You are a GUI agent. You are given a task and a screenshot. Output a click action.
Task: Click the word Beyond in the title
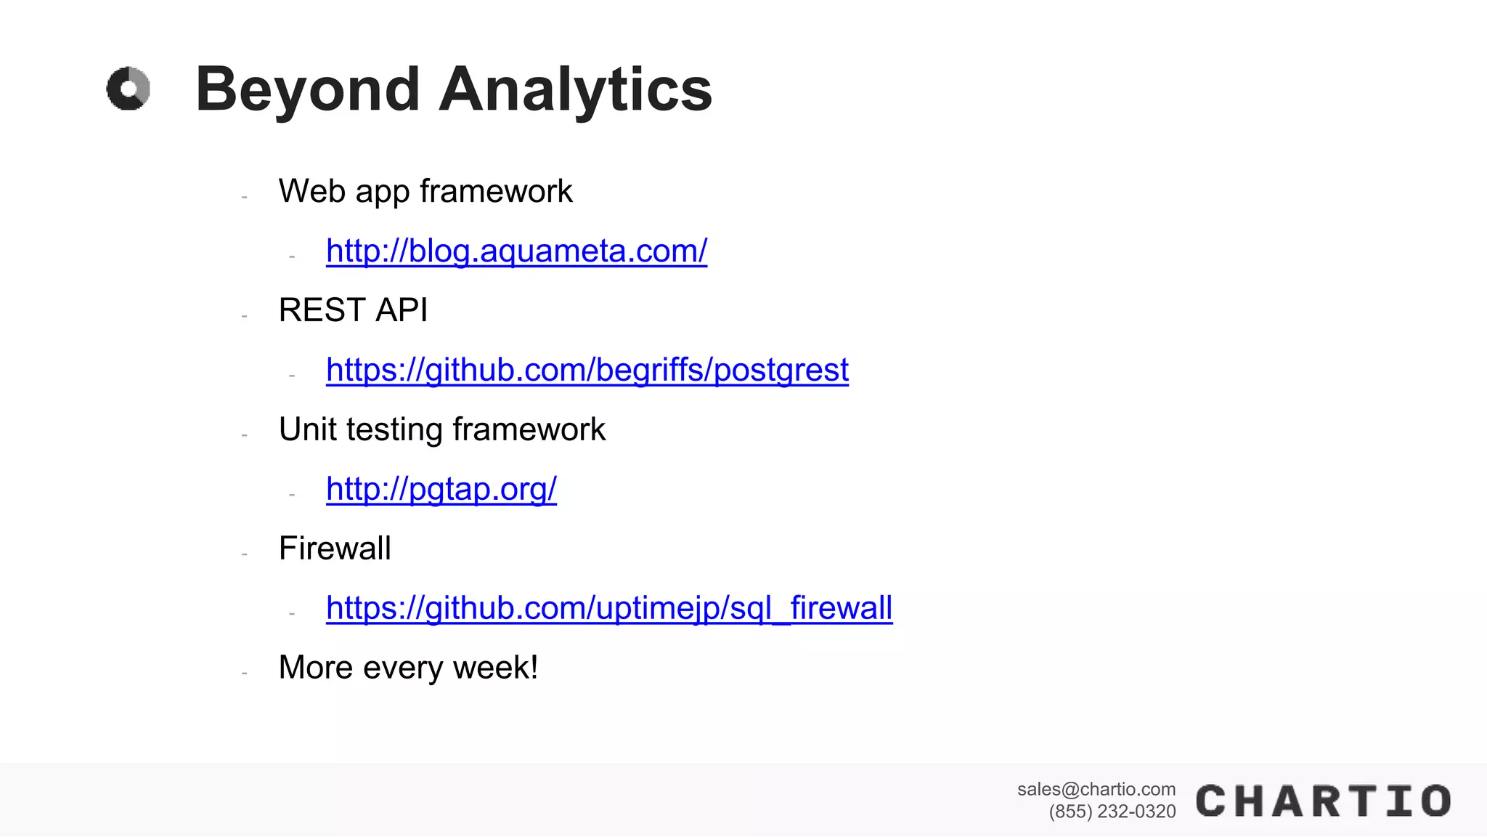coord(308,89)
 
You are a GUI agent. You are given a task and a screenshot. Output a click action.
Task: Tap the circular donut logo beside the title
coord(129,89)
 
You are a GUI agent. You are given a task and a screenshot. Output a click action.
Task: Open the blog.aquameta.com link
coord(516,251)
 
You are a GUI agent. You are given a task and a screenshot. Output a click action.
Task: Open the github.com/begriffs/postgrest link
coord(587,371)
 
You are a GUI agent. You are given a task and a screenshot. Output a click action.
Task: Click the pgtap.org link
coord(441,490)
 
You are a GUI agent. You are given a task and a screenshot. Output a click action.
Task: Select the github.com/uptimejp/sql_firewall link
coord(608,609)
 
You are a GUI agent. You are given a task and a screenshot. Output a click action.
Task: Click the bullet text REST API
coord(353,311)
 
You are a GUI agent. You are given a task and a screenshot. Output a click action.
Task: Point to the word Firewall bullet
coord(335,549)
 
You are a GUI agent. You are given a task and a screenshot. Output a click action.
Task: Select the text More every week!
coord(408,668)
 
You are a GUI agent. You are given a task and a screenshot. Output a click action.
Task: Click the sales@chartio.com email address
coord(1096,790)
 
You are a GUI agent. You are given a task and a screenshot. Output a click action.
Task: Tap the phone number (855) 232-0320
coord(1112,812)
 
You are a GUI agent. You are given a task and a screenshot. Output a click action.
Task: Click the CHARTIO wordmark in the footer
coord(1323,801)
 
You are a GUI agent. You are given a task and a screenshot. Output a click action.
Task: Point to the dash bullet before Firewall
coord(245,554)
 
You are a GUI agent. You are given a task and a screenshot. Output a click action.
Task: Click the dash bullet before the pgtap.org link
coord(292,495)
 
